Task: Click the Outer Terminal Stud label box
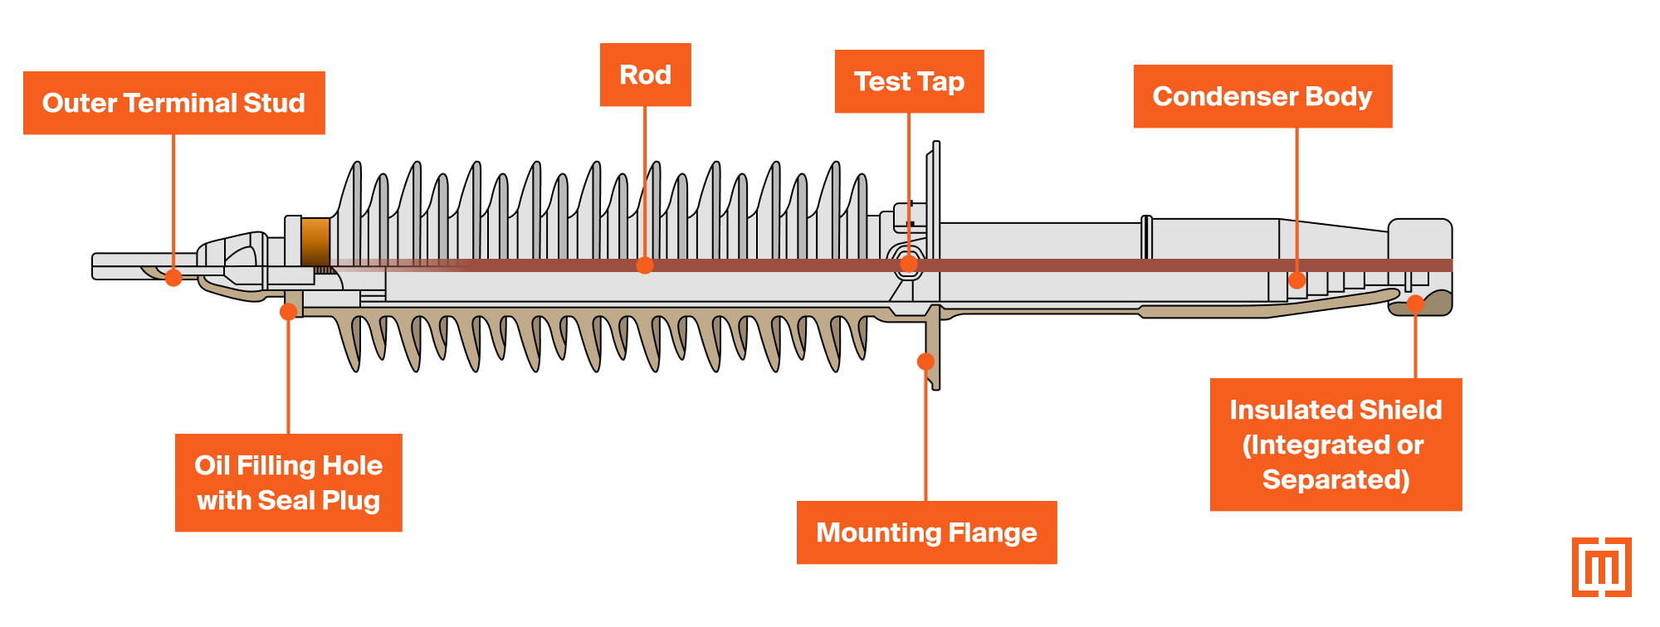173,103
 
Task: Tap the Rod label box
645,75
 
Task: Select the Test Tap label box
909,81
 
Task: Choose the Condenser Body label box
1262,96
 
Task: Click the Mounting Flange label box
926,532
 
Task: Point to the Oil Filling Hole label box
288,483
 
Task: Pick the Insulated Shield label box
1335,445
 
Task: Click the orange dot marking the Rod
645,265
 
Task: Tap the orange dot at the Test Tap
909,265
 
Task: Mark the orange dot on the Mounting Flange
925,362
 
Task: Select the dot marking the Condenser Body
1296,280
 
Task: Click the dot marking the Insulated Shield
1416,304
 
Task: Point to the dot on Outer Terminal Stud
173,277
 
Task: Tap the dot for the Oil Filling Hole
288,312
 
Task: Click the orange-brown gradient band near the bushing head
315,241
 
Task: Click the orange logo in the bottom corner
1601,567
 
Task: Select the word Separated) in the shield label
1335,480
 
